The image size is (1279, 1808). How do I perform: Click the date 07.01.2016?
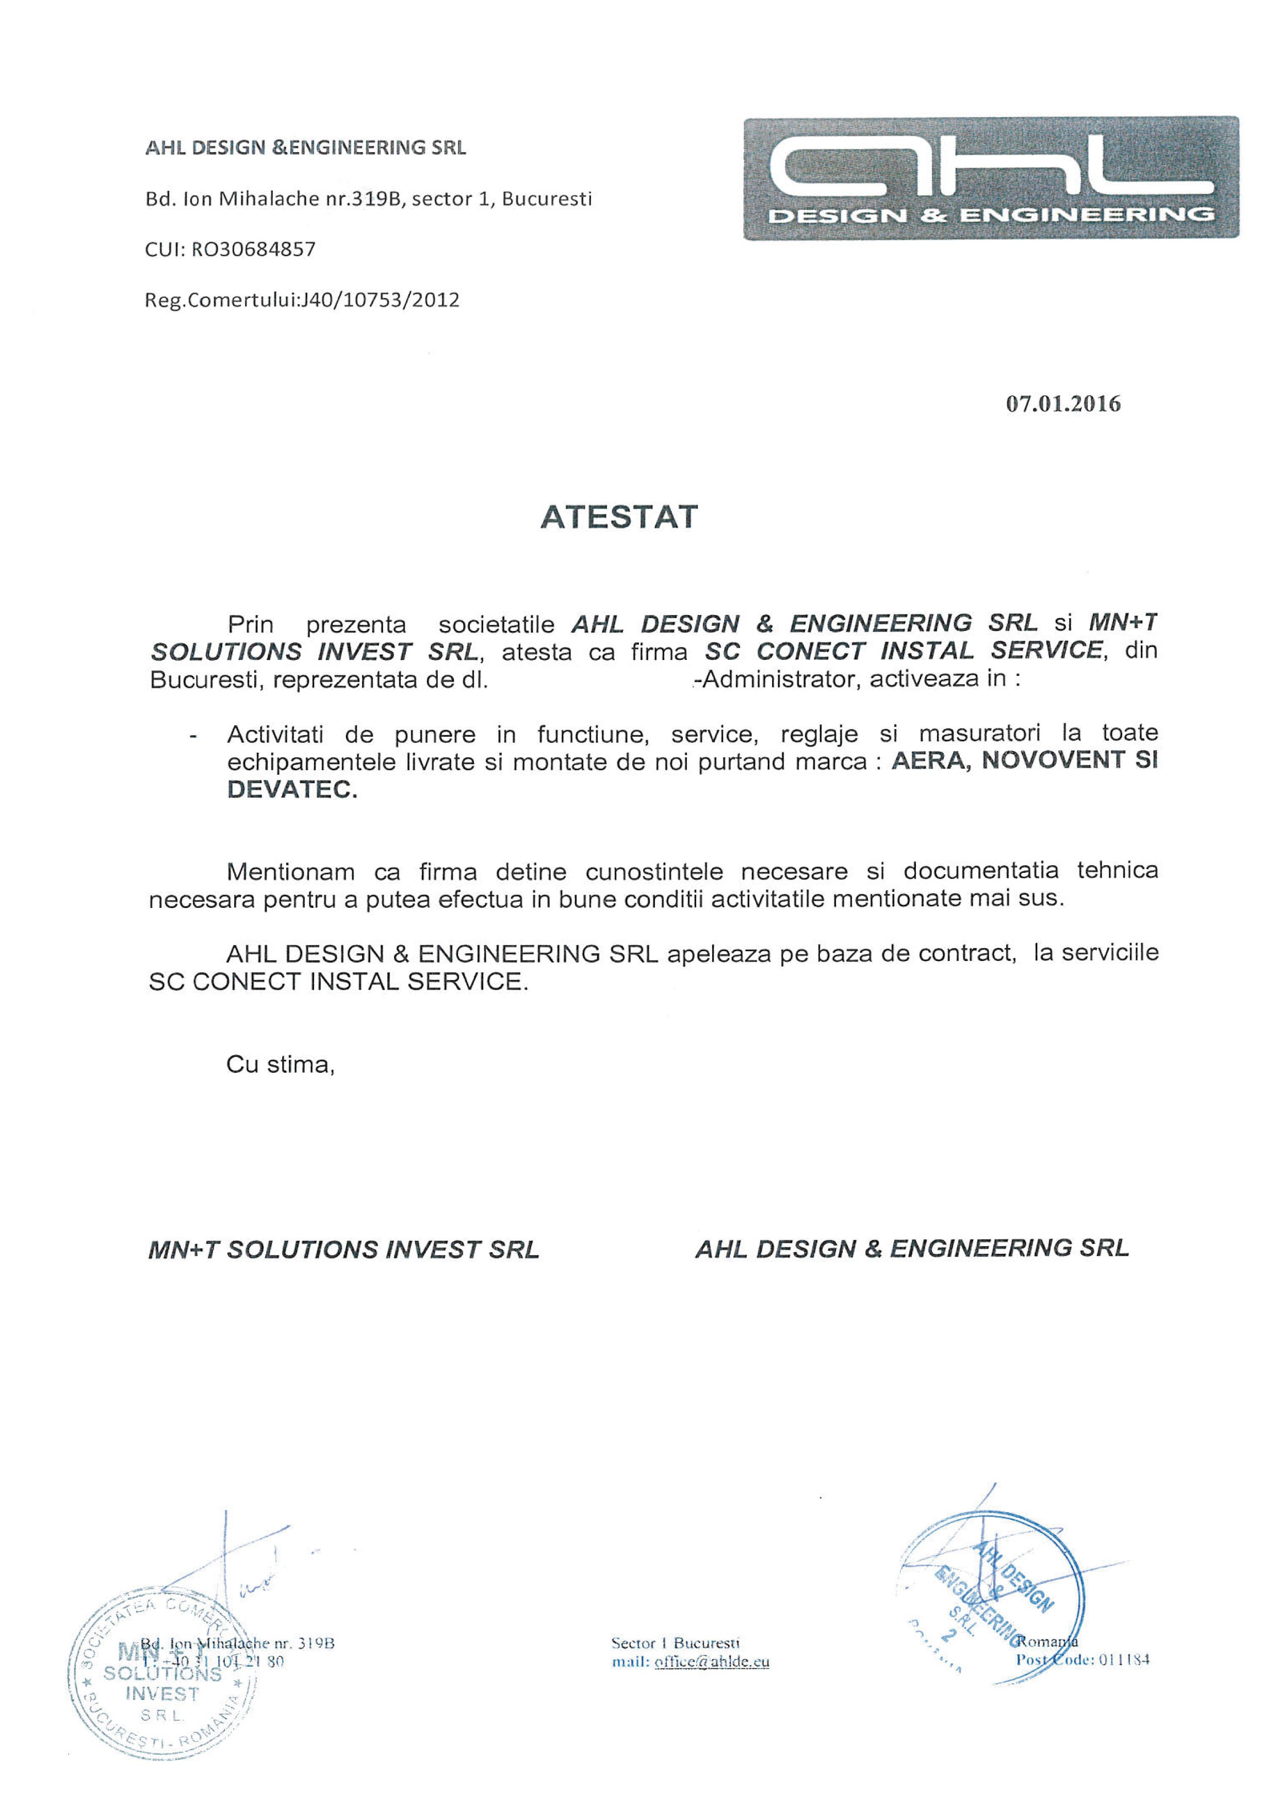(x=1062, y=404)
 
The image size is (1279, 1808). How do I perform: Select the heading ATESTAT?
(x=619, y=517)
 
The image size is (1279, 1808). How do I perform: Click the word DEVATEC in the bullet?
(x=291, y=790)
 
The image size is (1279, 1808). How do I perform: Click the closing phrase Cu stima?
(x=280, y=1065)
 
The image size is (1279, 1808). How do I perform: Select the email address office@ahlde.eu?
(x=711, y=1662)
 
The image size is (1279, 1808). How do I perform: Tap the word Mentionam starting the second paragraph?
(x=290, y=872)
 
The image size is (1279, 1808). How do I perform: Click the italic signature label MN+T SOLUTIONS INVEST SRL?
(x=343, y=1250)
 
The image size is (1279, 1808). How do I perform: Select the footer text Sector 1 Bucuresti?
(x=676, y=1643)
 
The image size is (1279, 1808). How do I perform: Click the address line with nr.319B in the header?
(x=368, y=199)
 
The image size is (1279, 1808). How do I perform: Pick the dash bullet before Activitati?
(x=193, y=736)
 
